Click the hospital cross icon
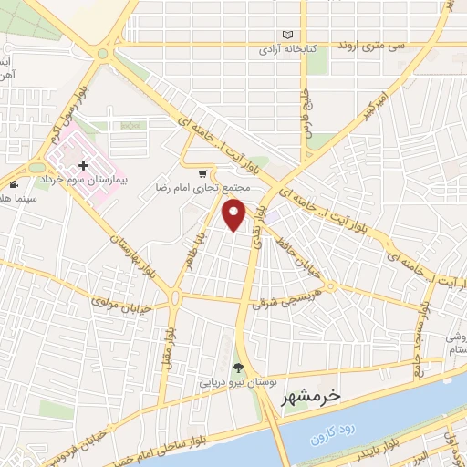coord(84,165)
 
